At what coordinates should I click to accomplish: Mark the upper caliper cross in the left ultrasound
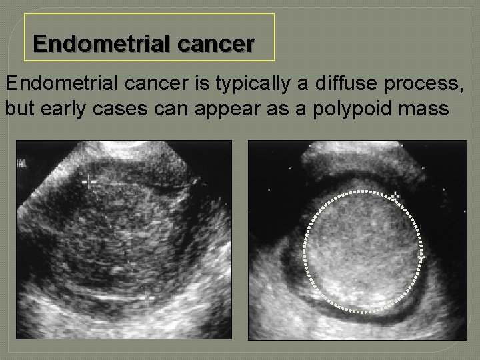point(89,181)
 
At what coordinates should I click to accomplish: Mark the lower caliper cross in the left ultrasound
point(147,297)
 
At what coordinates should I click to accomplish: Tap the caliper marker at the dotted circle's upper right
point(395,196)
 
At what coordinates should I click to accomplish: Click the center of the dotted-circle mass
point(363,251)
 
